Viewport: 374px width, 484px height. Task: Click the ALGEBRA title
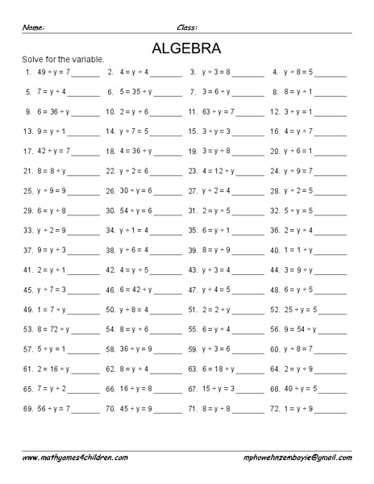186,47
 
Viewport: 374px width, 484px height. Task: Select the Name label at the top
33,27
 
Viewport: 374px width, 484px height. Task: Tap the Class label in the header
187,27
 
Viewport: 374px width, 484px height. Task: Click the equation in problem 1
53,72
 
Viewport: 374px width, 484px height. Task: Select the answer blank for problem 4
332,72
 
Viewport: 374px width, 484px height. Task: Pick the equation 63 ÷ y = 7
218,111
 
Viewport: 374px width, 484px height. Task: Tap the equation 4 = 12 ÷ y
220,171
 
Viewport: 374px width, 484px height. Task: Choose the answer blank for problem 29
85,211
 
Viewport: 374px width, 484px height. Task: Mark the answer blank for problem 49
85,310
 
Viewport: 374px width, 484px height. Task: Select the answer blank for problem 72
332,408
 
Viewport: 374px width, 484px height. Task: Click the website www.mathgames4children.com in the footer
74,457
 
